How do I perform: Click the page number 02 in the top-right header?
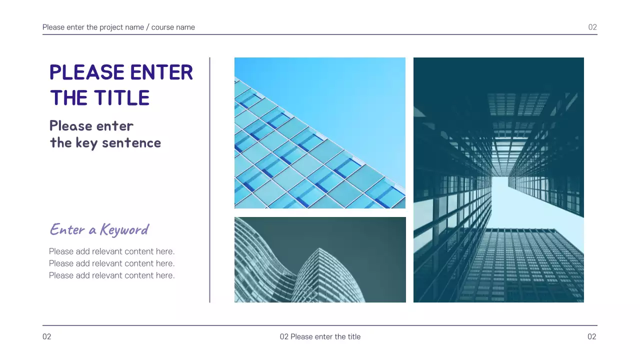tap(592, 27)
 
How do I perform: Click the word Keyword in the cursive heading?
tap(124, 229)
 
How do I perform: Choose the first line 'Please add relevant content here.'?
tap(111, 251)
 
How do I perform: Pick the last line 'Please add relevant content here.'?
tap(111, 275)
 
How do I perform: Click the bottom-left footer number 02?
tap(46, 337)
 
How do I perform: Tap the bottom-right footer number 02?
tap(592, 337)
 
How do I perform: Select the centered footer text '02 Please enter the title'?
tap(320, 337)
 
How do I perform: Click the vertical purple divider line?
tap(209, 180)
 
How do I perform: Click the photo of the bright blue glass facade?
tap(320, 132)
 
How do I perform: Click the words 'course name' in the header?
tap(173, 27)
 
